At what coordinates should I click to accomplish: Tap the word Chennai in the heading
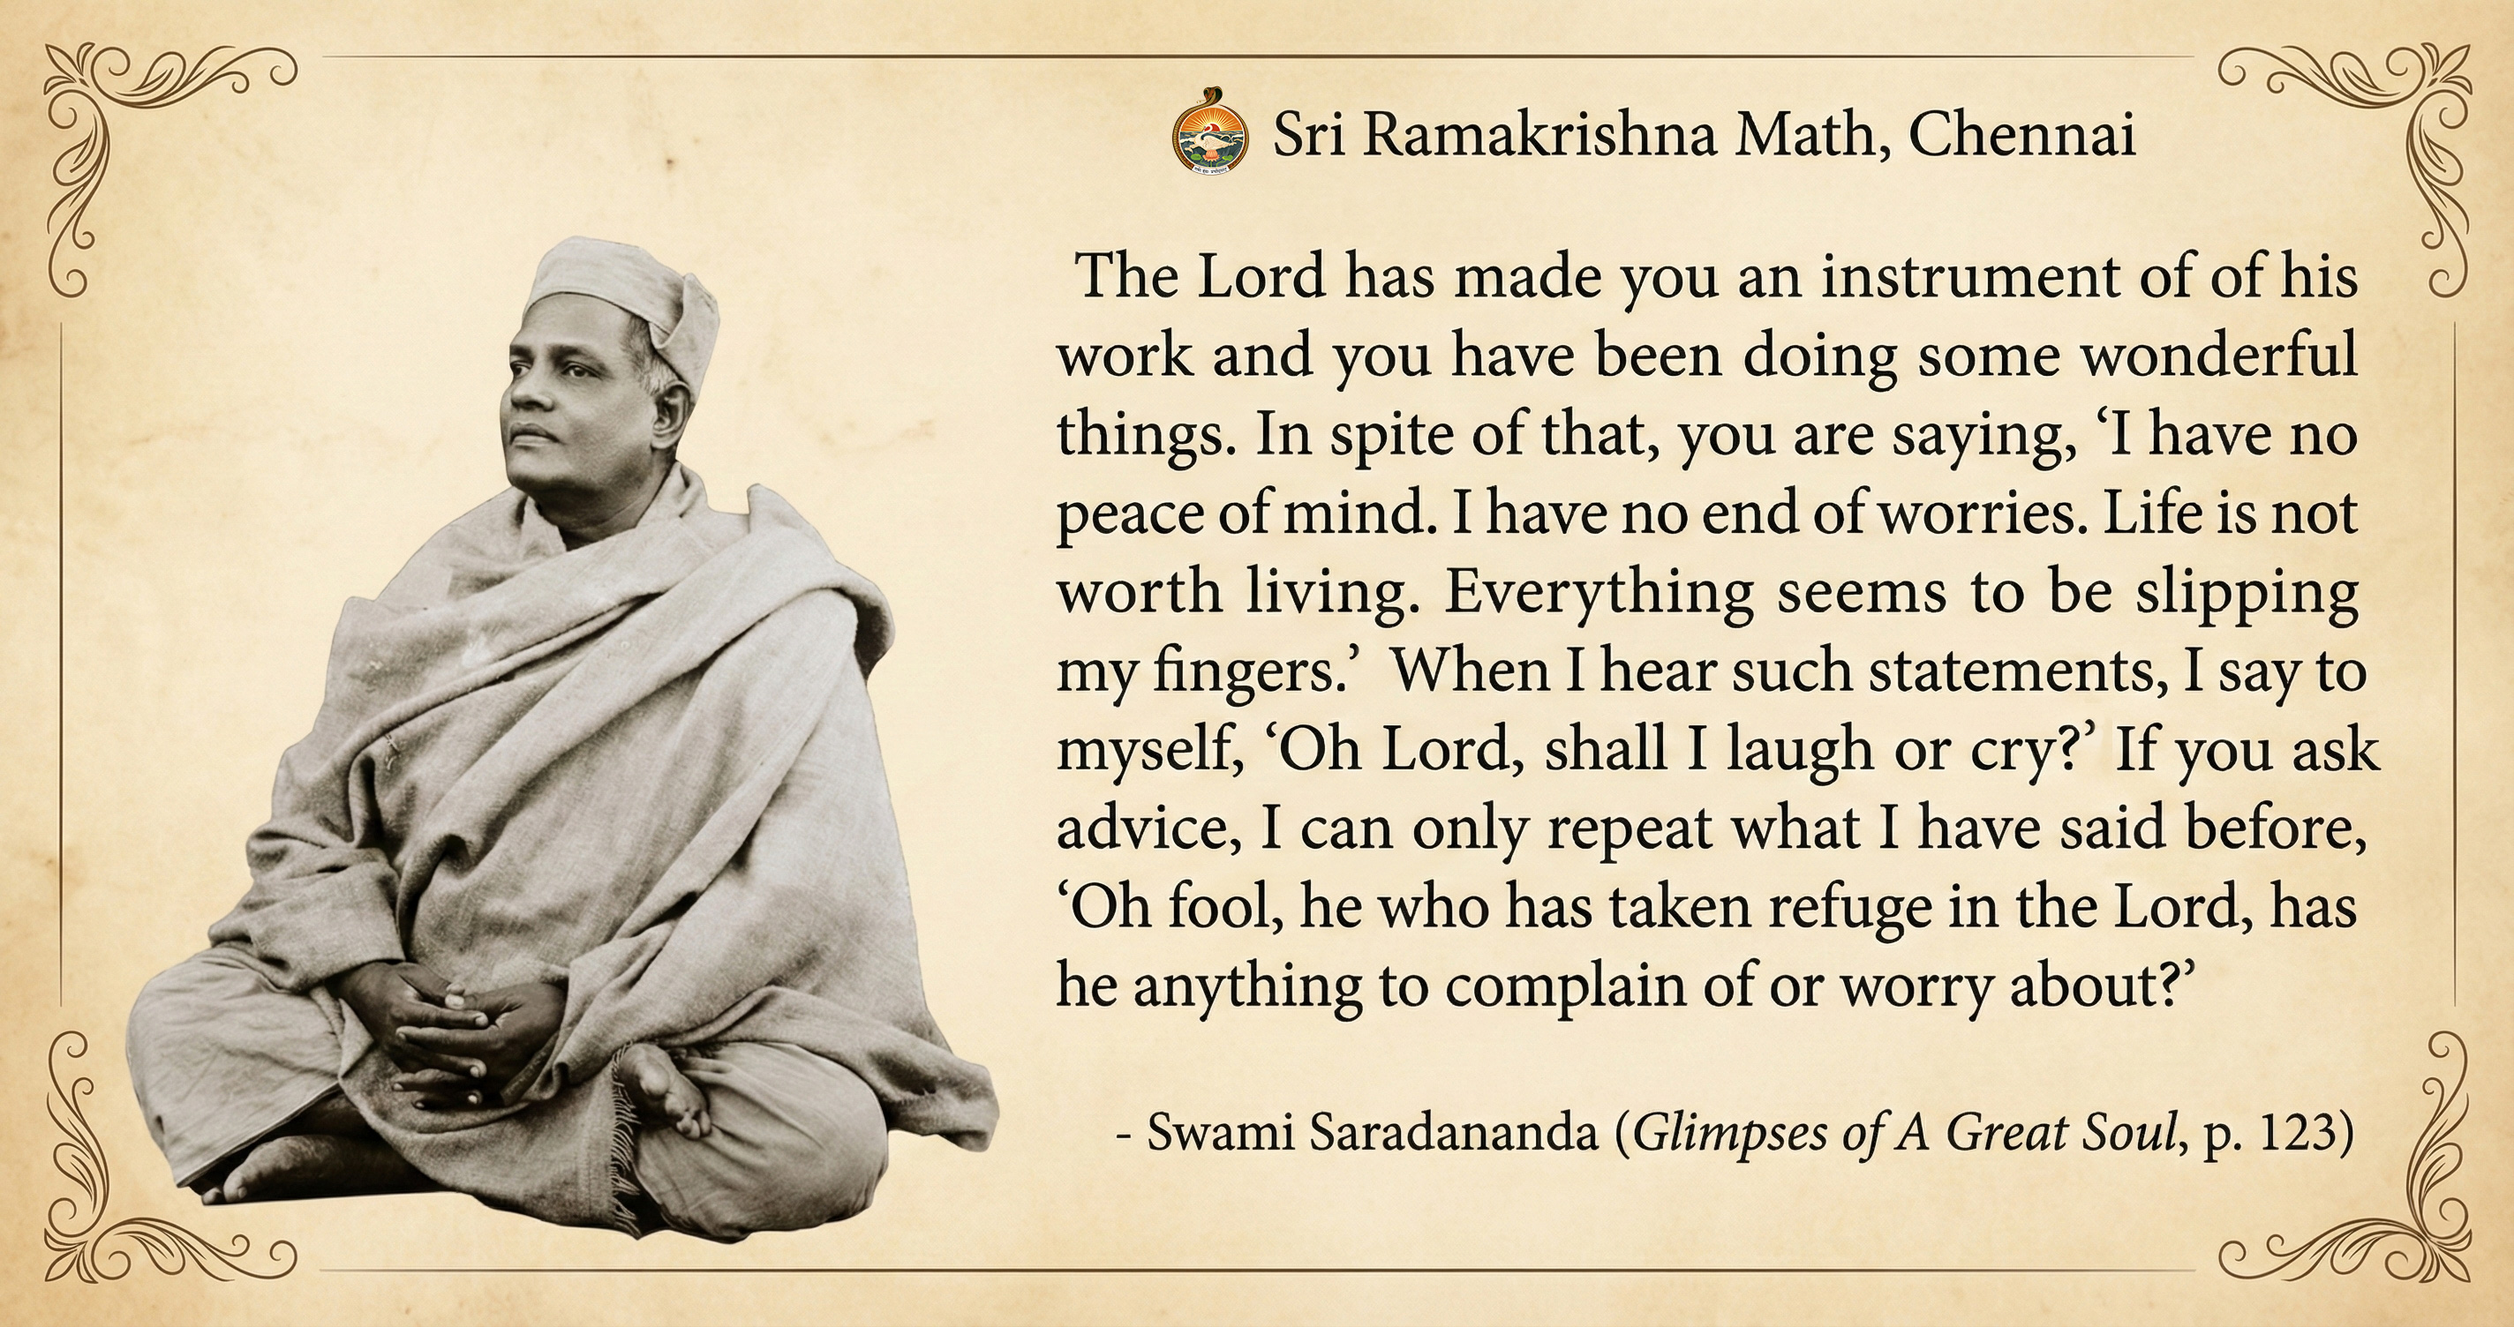pos(2022,136)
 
